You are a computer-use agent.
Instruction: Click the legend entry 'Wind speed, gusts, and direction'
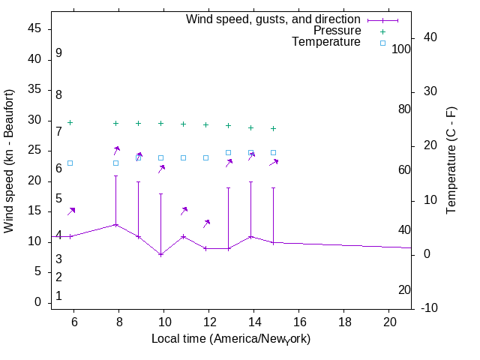pos(273,19)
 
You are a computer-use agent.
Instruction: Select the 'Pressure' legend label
pos(337,31)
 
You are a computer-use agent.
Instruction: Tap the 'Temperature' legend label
pos(326,42)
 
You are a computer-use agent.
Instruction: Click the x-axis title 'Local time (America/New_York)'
pos(231,338)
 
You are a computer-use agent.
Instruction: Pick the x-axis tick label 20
pos(389,321)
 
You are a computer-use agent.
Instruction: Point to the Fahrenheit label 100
pos(402,49)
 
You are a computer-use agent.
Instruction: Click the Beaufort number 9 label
pos(58,53)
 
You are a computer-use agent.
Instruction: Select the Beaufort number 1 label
pos(58,296)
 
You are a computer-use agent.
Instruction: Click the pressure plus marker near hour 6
pos(70,122)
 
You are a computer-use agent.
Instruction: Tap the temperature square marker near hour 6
pos(70,163)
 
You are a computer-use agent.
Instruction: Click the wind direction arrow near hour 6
pos(71,211)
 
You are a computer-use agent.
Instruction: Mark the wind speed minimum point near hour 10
pos(160,254)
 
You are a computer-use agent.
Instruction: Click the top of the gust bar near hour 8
pos(115,176)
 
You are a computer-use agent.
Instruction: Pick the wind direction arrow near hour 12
pos(206,223)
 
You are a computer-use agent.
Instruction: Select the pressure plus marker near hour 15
pos(273,128)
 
